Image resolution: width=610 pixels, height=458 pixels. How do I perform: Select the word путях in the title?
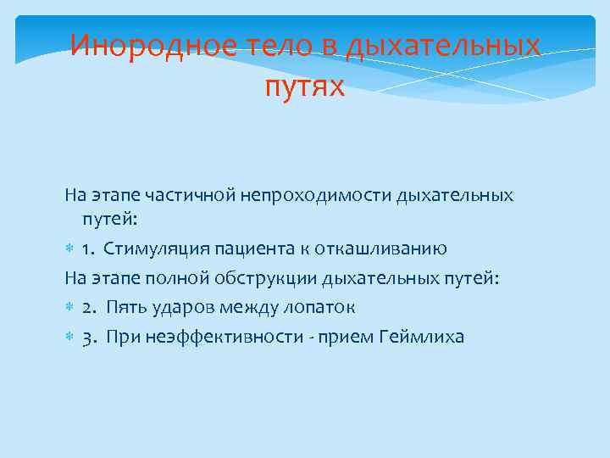[305, 86]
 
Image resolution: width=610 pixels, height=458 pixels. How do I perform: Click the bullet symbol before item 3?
[69, 336]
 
